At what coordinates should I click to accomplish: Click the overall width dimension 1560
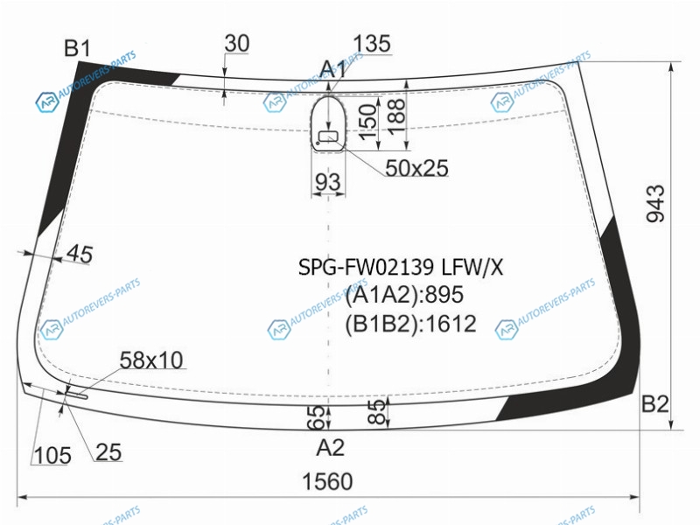point(327,482)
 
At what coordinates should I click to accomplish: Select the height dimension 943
point(655,204)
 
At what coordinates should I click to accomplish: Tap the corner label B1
point(77,48)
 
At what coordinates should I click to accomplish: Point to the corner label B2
point(654,404)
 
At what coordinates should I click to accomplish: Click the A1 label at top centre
point(332,70)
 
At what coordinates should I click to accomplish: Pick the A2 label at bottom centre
point(330,447)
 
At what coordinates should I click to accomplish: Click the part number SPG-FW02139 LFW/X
point(401,268)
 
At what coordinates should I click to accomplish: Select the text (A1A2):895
point(404,295)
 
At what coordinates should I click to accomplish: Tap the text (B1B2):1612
point(410,324)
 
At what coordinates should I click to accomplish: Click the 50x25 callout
point(416,168)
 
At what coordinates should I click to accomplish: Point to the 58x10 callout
point(151,360)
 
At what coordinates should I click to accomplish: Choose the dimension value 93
point(328,182)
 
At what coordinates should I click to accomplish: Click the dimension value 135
point(371,44)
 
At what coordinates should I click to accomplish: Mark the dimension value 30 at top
point(236,43)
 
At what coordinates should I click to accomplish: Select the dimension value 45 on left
point(80,254)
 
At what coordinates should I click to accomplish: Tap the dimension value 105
point(52,455)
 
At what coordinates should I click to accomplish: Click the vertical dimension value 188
point(396,117)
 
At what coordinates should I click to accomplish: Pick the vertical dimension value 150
point(367,122)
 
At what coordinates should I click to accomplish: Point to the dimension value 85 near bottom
point(378,411)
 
